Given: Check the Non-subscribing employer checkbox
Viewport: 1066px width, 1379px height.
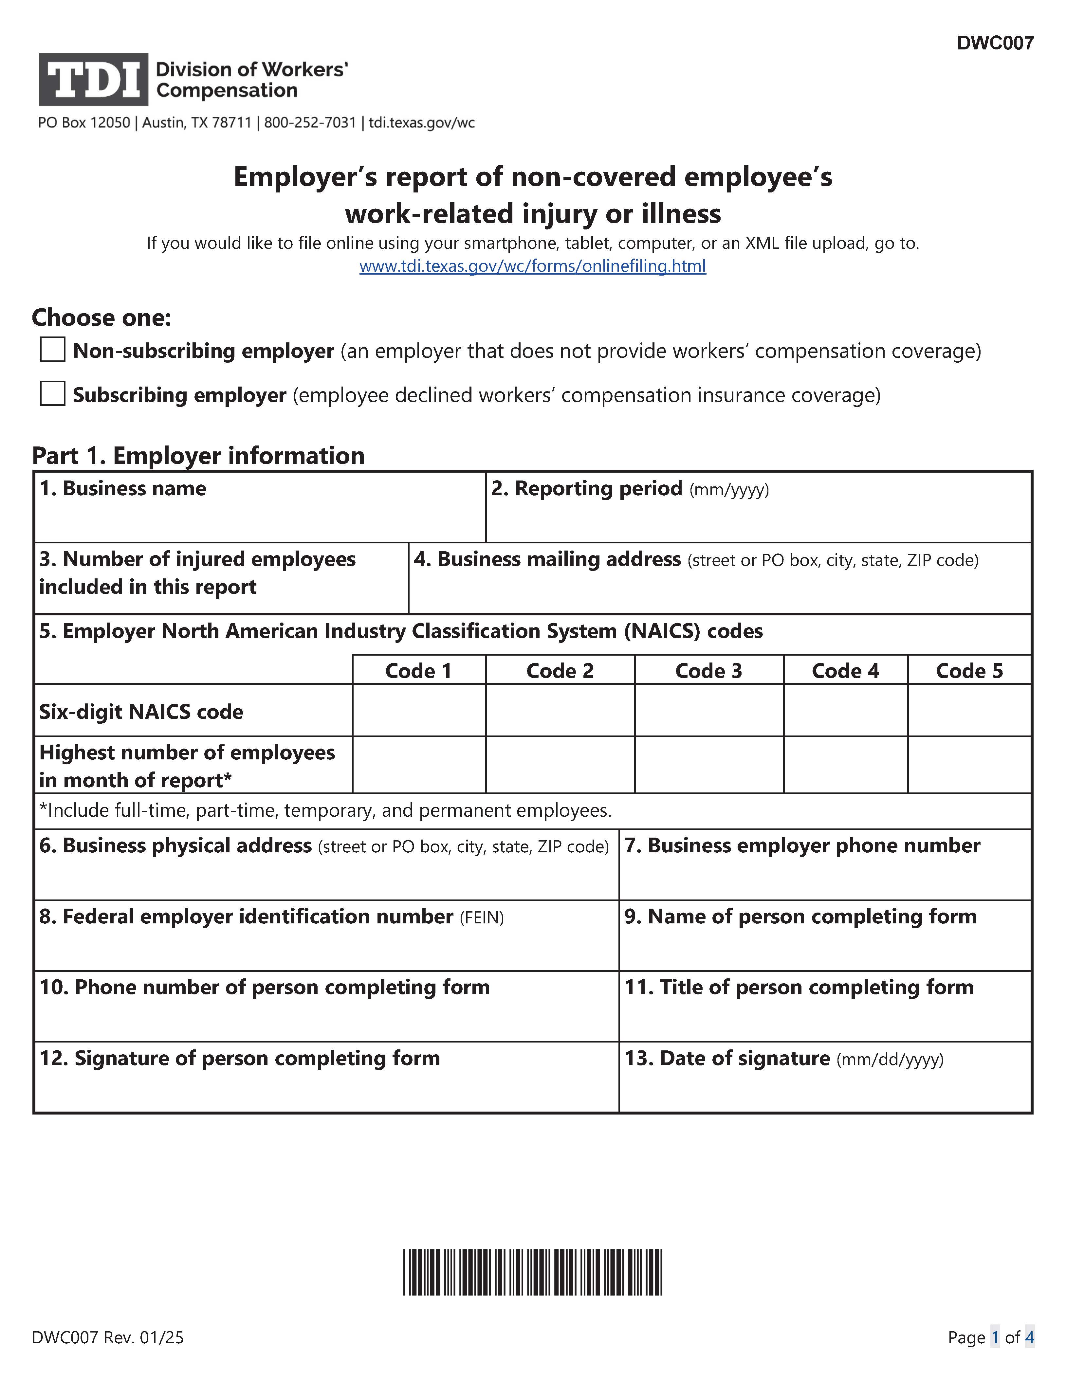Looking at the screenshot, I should point(52,350).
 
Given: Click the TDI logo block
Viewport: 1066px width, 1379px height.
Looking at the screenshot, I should point(93,80).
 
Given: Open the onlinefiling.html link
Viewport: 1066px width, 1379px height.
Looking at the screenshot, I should point(532,266).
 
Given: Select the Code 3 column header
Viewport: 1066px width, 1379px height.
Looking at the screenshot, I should point(708,671).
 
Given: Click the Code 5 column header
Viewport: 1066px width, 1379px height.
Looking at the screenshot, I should point(969,671).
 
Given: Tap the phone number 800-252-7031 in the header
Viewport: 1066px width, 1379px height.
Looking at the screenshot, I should point(310,122).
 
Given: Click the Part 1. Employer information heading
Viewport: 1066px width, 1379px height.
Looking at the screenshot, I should point(198,455).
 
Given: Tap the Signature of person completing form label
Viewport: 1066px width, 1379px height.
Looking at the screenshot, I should point(240,1058).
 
